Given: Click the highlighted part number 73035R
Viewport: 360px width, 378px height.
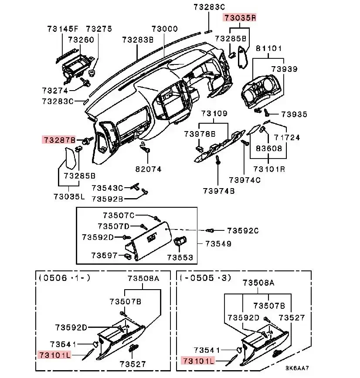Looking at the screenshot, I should pyautogui.click(x=240, y=18).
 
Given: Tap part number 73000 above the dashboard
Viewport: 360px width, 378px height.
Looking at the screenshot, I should pyautogui.click(x=164, y=29).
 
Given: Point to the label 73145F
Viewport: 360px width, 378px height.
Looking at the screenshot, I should pyautogui.click(x=63, y=29).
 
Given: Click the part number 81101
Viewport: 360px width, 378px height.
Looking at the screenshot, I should pyautogui.click(x=268, y=48).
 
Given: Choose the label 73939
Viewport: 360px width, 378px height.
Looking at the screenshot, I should pyautogui.click(x=284, y=69).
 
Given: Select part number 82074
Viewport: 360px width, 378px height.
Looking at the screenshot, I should pyautogui.click(x=148, y=169).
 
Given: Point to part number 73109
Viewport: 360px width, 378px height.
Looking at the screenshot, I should pyautogui.click(x=214, y=114).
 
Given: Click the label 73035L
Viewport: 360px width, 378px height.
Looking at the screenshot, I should pyautogui.click(x=69, y=196).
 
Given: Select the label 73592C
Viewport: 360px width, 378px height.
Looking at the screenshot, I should pyautogui.click(x=243, y=230).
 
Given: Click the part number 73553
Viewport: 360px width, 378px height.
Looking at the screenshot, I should pyautogui.click(x=180, y=257).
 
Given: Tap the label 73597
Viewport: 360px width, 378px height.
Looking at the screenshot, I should pyautogui.click(x=105, y=254).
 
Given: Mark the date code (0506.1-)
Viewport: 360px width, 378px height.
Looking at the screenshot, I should pyautogui.click(x=65, y=277).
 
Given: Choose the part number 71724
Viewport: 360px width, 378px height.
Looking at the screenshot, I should pyautogui.click(x=287, y=138).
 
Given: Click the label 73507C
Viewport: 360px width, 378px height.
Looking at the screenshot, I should pyautogui.click(x=119, y=215).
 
